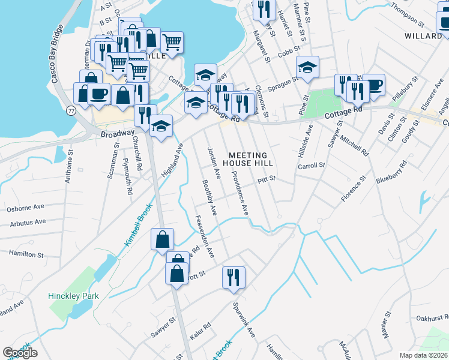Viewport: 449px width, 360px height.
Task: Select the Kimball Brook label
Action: [x=139, y=224]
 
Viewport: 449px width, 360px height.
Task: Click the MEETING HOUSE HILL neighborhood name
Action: [x=248, y=159]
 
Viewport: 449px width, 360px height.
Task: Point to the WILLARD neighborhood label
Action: [x=423, y=36]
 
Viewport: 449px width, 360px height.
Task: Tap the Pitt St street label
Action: [x=266, y=178]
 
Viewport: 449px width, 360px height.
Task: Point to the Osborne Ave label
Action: [x=26, y=208]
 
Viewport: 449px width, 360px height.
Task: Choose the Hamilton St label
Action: [x=26, y=254]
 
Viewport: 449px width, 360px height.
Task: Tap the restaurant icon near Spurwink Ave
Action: [x=234, y=277]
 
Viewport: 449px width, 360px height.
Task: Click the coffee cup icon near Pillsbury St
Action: [x=373, y=85]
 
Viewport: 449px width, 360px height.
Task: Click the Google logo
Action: [x=20, y=353]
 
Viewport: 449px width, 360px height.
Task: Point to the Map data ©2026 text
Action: [x=424, y=355]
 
